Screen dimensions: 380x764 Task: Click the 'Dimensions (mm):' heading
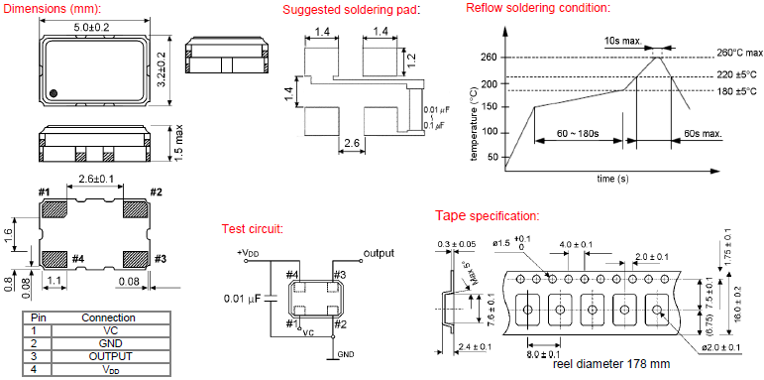click(x=55, y=9)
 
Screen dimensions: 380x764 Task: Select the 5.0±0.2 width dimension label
click(x=93, y=29)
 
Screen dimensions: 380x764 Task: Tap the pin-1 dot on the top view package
click(x=55, y=93)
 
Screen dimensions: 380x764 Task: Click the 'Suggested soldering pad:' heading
click(x=338, y=9)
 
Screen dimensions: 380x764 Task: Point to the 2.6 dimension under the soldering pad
click(x=352, y=145)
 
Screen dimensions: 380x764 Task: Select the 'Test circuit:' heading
click(x=253, y=229)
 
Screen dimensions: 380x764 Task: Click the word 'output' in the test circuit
click(x=379, y=253)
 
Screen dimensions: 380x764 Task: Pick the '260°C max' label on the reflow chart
click(x=739, y=53)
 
